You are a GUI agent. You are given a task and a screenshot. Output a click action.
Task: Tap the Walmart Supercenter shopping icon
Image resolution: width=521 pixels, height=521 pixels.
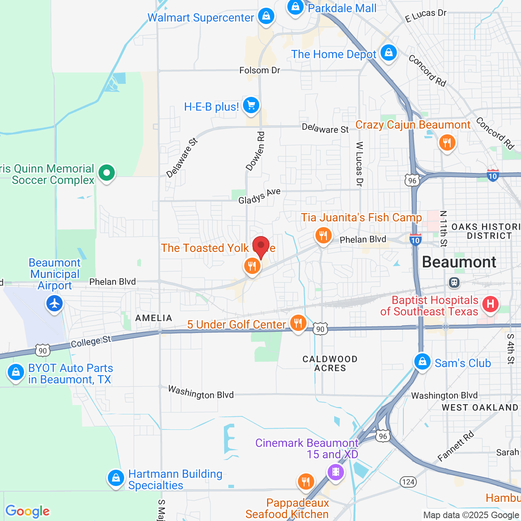click(x=266, y=17)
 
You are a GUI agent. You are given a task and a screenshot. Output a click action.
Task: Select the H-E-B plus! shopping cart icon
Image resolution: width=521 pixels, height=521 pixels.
click(x=251, y=105)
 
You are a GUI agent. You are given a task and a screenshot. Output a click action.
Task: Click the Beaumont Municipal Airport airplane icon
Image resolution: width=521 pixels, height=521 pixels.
click(x=55, y=304)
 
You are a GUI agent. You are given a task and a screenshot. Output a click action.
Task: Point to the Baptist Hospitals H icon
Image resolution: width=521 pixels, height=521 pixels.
click(x=490, y=304)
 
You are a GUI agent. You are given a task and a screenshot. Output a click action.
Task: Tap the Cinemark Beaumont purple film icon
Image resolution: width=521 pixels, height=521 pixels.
click(x=336, y=472)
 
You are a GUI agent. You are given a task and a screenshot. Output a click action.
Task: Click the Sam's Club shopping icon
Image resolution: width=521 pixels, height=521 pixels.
click(x=422, y=361)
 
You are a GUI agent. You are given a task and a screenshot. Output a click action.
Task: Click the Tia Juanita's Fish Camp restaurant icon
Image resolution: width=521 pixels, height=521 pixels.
click(x=323, y=235)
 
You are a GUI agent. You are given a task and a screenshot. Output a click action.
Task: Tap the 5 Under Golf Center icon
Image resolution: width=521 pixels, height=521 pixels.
click(x=298, y=323)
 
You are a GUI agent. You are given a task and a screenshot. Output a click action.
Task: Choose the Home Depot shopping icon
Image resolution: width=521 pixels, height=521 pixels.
click(x=389, y=53)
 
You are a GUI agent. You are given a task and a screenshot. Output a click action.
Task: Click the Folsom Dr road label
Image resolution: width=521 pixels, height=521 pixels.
click(x=260, y=70)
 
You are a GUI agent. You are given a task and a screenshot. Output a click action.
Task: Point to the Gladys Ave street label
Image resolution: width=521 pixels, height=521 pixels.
click(x=259, y=196)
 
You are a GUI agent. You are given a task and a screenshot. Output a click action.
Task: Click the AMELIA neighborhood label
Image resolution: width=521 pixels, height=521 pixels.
click(x=153, y=318)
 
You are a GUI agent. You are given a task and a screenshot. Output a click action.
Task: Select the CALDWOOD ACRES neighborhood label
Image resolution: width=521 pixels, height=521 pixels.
click(x=330, y=363)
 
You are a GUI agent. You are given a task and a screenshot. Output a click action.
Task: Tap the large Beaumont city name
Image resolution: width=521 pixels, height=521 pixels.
click(x=459, y=262)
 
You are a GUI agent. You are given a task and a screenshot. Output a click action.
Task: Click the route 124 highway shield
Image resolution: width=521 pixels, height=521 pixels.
click(x=408, y=482)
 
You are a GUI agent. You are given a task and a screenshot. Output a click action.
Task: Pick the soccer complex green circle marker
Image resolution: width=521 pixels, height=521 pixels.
click(x=107, y=173)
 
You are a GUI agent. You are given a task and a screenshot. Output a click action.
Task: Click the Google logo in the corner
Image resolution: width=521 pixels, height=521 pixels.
click(x=27, y=511)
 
